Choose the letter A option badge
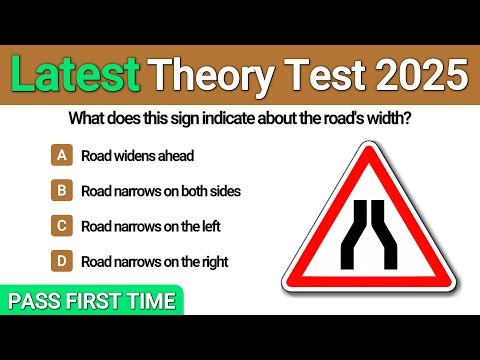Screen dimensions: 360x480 click(x=62, y=155)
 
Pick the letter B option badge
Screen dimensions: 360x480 click(x=62, y=190)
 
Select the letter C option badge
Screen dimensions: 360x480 click(x=62, y=226)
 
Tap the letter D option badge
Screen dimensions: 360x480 click(x=62, y=262)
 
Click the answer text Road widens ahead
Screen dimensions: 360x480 click(x=138, y=155)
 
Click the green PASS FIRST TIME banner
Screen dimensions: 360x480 click(x=93, y=300)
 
